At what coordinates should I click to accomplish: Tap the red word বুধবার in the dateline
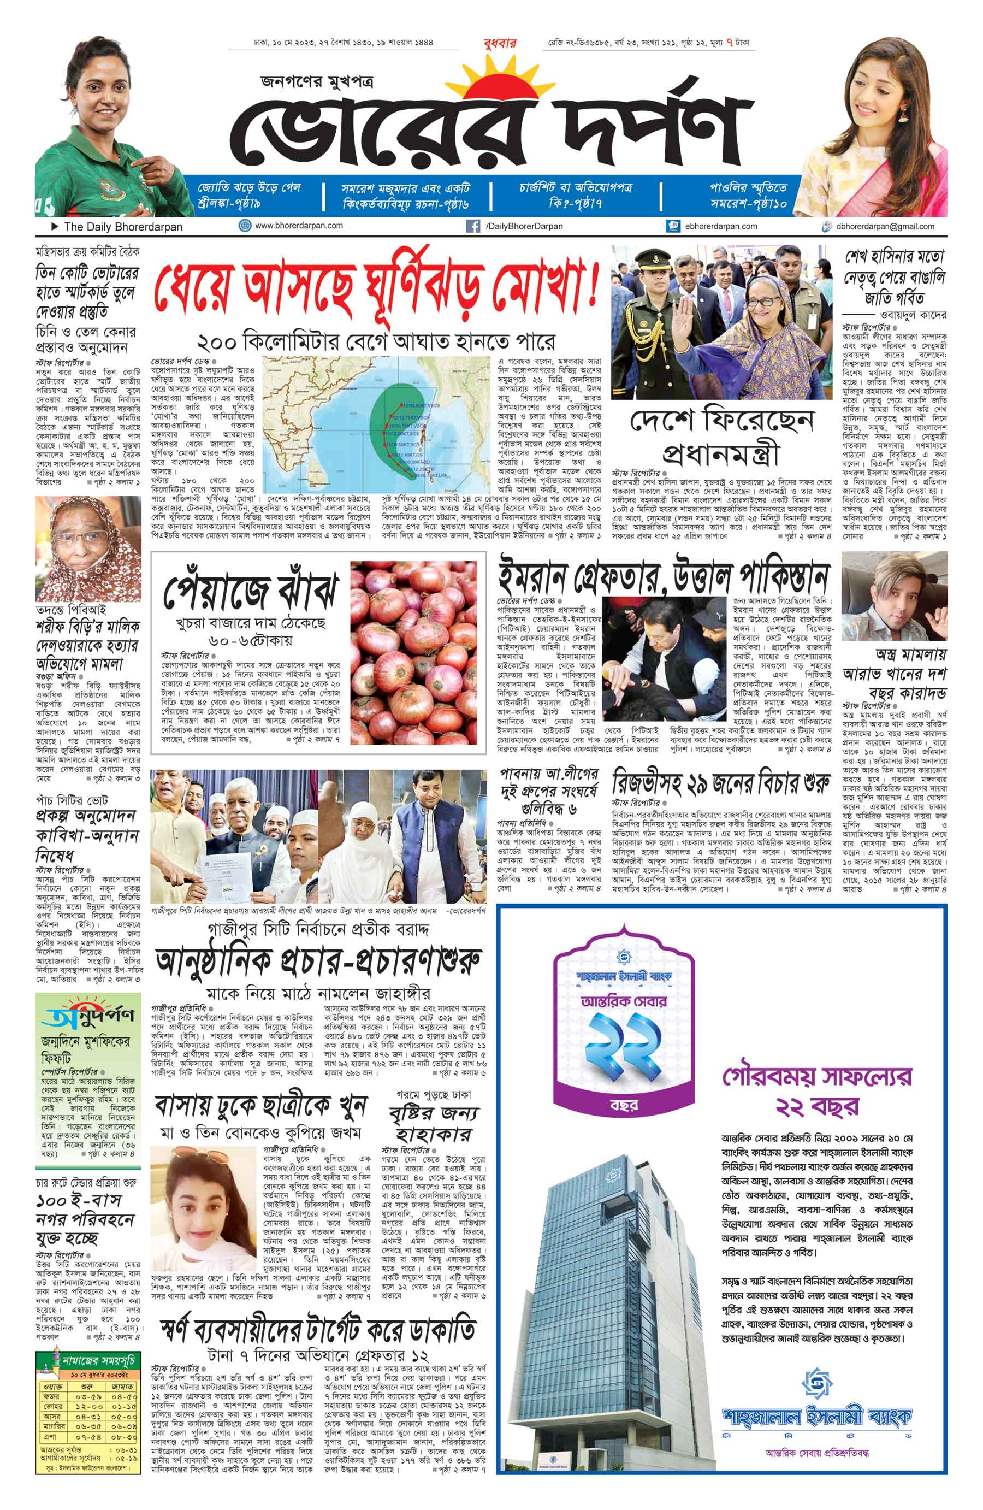pyautogui.click(x=500, y=43)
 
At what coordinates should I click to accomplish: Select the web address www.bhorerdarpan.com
pyautogui.click(x=299, y=225)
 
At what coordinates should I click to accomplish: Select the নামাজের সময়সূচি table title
pyautogui.click(x=98, y=1361)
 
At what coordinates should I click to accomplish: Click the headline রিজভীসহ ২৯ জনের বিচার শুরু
pyautogui.click(x=720, y=784)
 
